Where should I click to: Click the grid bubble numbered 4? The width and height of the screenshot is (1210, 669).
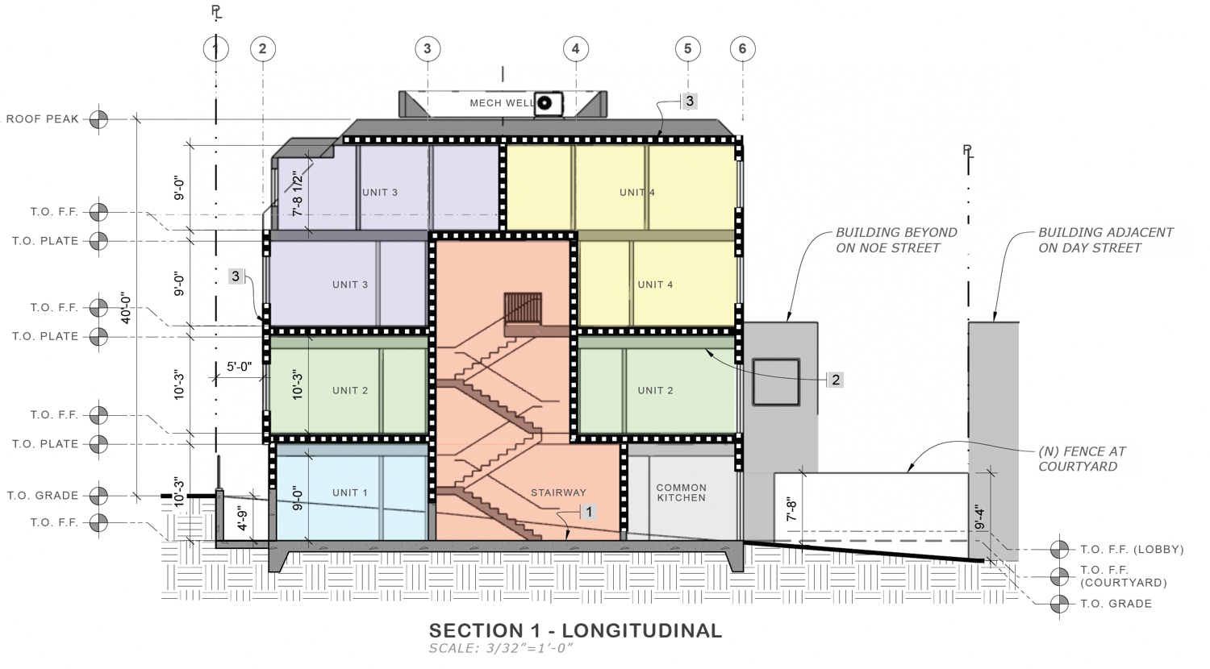coord(575,48)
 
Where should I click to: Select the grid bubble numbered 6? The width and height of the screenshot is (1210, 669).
coord(742,48)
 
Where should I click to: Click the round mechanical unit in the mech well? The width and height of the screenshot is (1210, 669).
coord(545,103)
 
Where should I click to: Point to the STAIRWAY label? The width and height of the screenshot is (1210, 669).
coord(558,492)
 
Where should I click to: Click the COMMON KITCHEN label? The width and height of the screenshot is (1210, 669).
coord(681,492)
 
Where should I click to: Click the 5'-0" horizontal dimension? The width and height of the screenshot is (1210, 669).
coord(239,367)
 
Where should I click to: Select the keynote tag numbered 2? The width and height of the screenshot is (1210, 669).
coord(836,380)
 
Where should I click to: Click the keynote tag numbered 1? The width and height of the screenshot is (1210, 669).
coord(589,512)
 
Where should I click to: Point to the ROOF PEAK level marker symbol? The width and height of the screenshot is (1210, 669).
coord(98,119)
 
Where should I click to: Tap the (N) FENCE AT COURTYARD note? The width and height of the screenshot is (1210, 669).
coord(1082,459)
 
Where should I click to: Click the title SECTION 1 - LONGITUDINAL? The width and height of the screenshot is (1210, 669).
coord(575,630)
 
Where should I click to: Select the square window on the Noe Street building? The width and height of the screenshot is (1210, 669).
coord(776,383)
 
